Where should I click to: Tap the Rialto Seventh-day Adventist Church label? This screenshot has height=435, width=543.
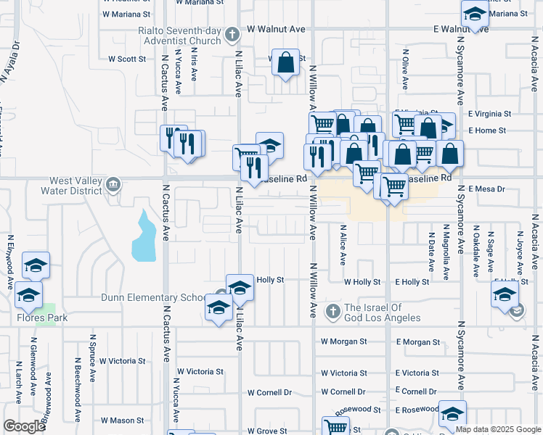pyautogui.click(x=180, y=36)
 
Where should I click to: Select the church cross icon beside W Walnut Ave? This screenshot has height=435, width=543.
pyautogui.click(x=232, y=33)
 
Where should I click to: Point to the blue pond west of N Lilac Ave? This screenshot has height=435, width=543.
pyautogui.click(x=144, y=236)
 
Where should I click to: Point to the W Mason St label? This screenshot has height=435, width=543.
pyautogui.click(x=122, y=420)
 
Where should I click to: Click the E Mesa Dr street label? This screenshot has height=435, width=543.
pyautogui.click(x=486, y=188)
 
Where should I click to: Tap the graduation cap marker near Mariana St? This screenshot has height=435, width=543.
pyautogui.click(x=475, y=15)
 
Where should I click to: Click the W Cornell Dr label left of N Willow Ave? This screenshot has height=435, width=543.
pyautogui.click(x=269, y=392)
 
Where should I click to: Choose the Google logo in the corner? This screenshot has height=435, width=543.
pyautogui.click(x=24, y=426)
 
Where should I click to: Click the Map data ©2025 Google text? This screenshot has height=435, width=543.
pyautogui.click(x=498, y=429)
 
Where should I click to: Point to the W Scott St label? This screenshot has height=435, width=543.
pyautogui.click(x=127, y=59)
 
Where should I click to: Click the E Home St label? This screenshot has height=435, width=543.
pyautogui.click(x=486, y=130)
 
